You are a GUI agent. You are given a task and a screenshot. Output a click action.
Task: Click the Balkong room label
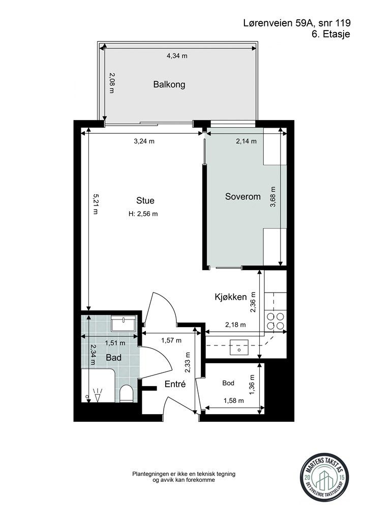tap(169, 84)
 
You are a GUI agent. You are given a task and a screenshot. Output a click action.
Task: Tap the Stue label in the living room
tap(145, 200)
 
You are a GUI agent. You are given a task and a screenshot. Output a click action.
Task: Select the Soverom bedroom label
tap(243, 196)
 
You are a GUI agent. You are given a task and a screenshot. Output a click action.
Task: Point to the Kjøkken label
tap(231, 297)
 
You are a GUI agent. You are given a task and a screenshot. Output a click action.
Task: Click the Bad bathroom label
tap(113, 358)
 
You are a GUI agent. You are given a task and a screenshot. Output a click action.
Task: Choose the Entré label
tap(175, 384)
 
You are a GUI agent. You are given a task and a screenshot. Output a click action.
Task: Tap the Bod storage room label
tap(228, 383)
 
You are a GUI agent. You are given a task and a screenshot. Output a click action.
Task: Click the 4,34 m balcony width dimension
tap(177, 56)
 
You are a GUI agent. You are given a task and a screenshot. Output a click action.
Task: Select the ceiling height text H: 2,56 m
tap(143, 214)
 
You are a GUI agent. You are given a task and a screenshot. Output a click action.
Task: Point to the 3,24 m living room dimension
tap(144, 141)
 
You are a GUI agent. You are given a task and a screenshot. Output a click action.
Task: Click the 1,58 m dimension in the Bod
tap(234, 401)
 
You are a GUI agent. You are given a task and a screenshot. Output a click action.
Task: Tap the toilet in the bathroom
tap(126, 393)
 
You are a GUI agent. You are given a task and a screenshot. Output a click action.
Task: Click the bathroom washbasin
tap(123, 323)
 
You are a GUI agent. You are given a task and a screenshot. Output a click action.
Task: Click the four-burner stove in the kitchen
tap(275, 321)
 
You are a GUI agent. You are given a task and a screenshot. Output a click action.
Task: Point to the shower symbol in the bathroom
tap(98, 395)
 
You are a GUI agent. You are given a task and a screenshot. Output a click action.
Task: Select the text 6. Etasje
tap(331, 34)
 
